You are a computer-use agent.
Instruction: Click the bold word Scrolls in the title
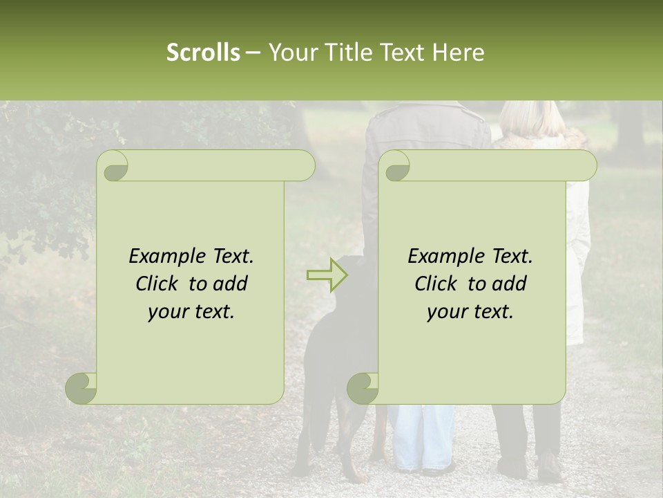click(x=203, y=53)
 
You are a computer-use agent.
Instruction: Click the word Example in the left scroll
click(x=166, y=257)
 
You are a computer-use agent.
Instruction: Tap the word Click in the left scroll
click(x=159, y=284)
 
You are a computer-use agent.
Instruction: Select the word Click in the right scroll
click(x=438, y=284)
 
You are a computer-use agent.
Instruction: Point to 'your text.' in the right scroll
click(x=470, y=311)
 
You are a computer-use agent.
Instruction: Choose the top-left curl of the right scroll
click(x=396, y=166)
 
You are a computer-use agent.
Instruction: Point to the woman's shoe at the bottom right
click(x=550, y=468)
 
